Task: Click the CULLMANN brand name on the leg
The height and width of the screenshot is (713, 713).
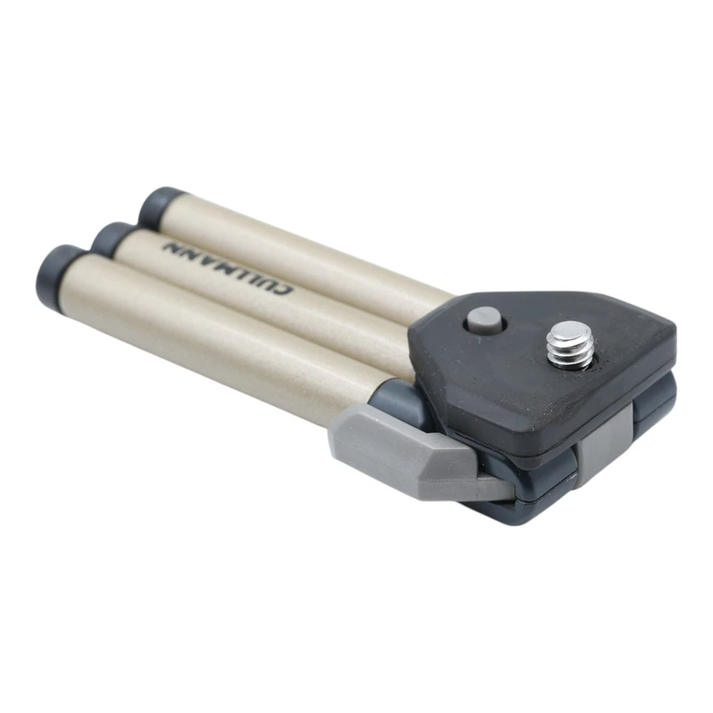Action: click(x=229, y=267)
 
